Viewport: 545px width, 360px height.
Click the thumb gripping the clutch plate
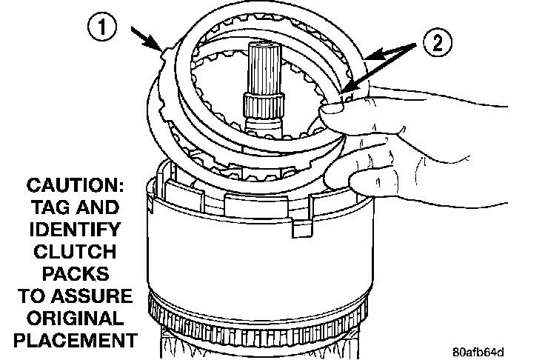[338, 112]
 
